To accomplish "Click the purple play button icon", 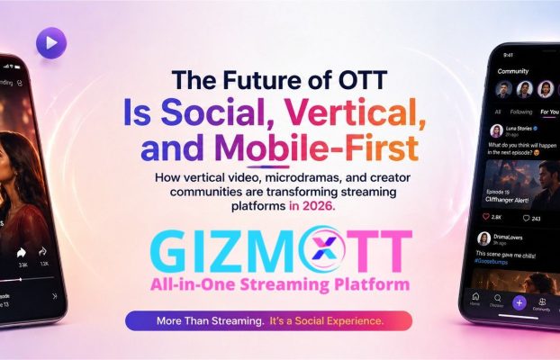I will [x=50, y=41].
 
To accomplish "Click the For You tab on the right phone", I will [x=548, y=112].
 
